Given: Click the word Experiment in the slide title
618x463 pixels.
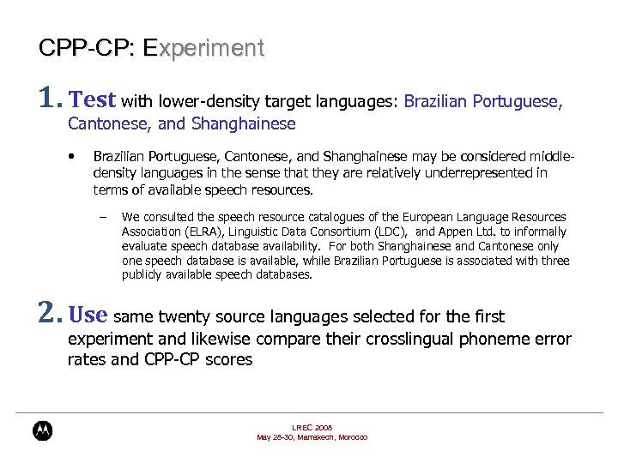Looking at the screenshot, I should pos(204,48).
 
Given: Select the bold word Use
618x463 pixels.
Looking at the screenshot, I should pos(88,316).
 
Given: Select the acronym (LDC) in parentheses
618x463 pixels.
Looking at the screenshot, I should pos(388,231).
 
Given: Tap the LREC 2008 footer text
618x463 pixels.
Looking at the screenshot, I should pos(312,427).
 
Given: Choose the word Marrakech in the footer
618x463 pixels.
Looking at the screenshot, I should pos(316,437).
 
